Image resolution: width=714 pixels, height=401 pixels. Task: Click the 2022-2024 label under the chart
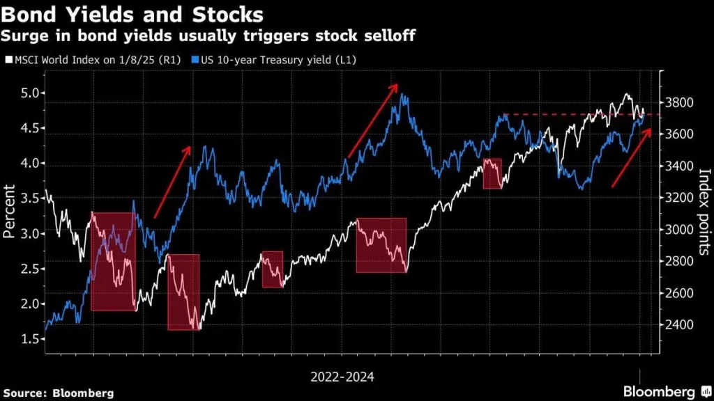[342, 377]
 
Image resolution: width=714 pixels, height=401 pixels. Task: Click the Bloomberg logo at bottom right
[659, 392]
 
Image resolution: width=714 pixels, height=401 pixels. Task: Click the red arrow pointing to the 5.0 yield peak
[372, 119]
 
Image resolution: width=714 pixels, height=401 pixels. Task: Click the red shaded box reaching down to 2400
[183, 292]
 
